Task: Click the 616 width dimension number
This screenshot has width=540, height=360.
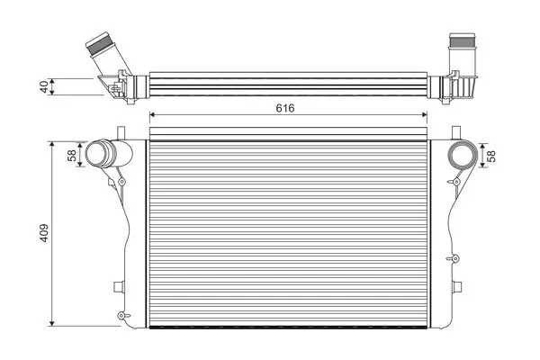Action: pos(285,108)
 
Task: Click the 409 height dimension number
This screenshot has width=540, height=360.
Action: pos(44,233)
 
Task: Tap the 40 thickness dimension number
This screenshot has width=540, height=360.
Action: pos(44,86)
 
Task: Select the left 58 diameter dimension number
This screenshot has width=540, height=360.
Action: pos(72,156)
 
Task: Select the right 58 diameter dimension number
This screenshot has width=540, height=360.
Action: pos(492,156)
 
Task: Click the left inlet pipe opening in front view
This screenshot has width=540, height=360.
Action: pos(97,154)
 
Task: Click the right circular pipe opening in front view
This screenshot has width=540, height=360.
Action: pos(463,156)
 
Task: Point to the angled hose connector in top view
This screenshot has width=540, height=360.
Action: pos(107,54)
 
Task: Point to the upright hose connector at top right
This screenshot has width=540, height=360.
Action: pos(462,52)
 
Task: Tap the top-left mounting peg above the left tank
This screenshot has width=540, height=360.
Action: pos(121,133)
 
